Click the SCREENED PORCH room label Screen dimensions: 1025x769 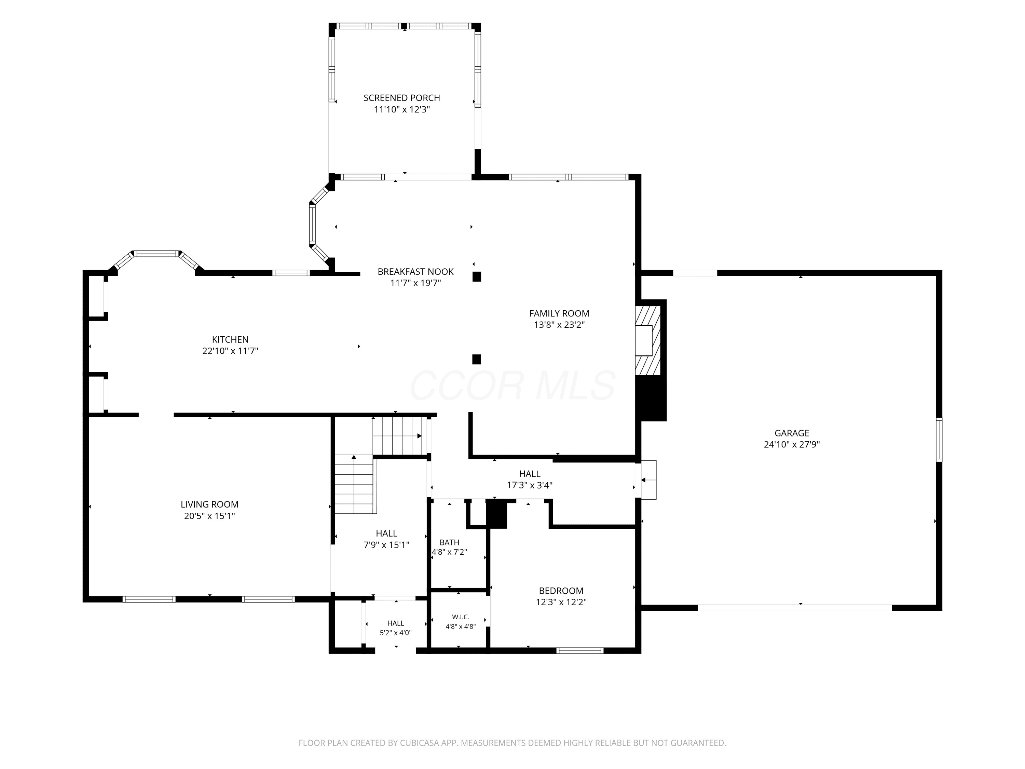[x=402, y=98]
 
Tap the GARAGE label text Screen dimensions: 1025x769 [x=792, y=433]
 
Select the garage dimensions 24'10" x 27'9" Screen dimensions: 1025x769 [x=792, y=445]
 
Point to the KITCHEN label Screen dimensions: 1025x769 [x=230, y=339]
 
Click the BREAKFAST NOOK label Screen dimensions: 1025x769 [x=416, y=272]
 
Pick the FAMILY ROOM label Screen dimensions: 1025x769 [x=559, y=313]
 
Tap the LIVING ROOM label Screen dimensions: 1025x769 [x=209, y=504]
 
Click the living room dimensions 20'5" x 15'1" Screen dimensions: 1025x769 [x=209, y=516]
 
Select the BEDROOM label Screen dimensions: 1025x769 [x=561, y=591]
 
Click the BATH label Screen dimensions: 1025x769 [x=450, y=542]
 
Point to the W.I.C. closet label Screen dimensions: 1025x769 [x=461, y=617]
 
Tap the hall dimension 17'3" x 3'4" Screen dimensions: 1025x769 [x=530, y=485]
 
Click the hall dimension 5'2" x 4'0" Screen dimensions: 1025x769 [x=396, y=633]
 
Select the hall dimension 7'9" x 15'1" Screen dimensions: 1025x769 [x=386, y=545]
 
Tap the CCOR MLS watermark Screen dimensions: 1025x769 [x=512, y=386]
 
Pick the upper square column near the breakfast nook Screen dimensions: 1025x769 [x=476, y=277]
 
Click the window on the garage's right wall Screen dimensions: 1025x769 [x=939, y=440]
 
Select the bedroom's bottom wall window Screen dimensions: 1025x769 [x=580, y=651]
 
